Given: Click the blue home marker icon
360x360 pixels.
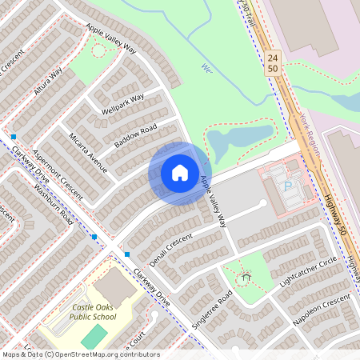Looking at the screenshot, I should point(180,173).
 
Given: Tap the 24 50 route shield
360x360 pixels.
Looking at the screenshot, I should point(274,64).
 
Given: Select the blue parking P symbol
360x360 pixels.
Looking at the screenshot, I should point(288,186).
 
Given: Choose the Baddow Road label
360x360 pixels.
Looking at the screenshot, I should point(135,134).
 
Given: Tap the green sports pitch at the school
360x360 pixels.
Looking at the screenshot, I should point(94,337).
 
